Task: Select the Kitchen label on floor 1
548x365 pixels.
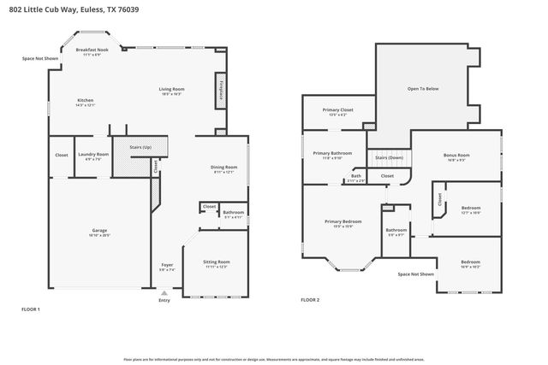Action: click(85, 100)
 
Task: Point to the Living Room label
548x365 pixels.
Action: click(171, 89)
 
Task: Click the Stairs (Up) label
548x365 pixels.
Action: click(140, 147)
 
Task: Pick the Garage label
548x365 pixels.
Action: click(99, 230)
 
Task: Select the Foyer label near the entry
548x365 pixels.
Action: click(167, 264)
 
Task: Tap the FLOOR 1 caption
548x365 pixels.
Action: click(31, 309)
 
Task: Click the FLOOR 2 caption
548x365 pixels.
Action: click(310, 300)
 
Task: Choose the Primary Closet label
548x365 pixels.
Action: click(337, 109)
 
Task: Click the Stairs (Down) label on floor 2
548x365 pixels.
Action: click(390, 157)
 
